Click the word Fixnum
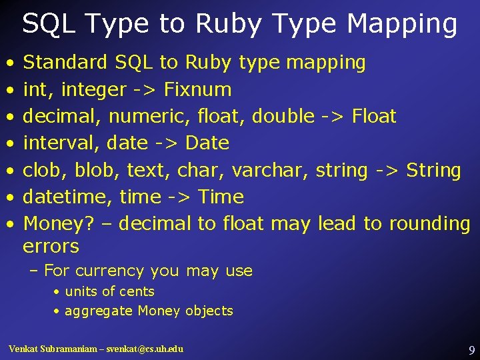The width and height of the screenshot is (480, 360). [197, 89]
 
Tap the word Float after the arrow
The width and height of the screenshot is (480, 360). [374, 116]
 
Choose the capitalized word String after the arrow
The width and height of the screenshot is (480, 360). [433, 170]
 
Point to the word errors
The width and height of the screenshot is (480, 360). [51, 246]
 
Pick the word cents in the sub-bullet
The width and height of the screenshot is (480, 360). [139, 291]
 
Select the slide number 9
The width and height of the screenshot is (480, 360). [471, 349]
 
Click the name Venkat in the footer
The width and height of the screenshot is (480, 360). [24, 349]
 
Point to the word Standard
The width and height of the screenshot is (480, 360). [65, 63]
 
